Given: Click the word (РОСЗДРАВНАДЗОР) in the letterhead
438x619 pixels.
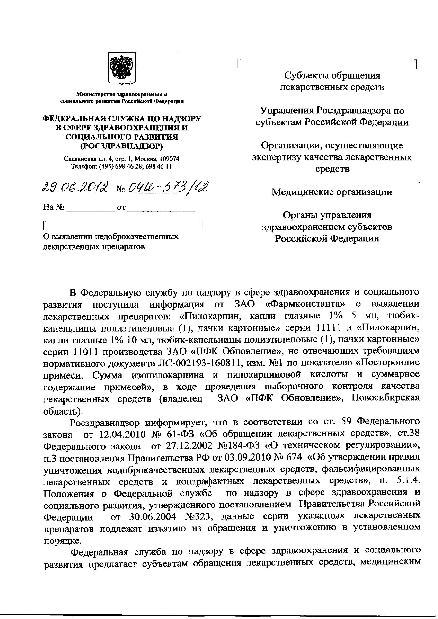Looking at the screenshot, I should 122,146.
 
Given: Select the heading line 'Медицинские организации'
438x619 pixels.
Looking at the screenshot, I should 332,192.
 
